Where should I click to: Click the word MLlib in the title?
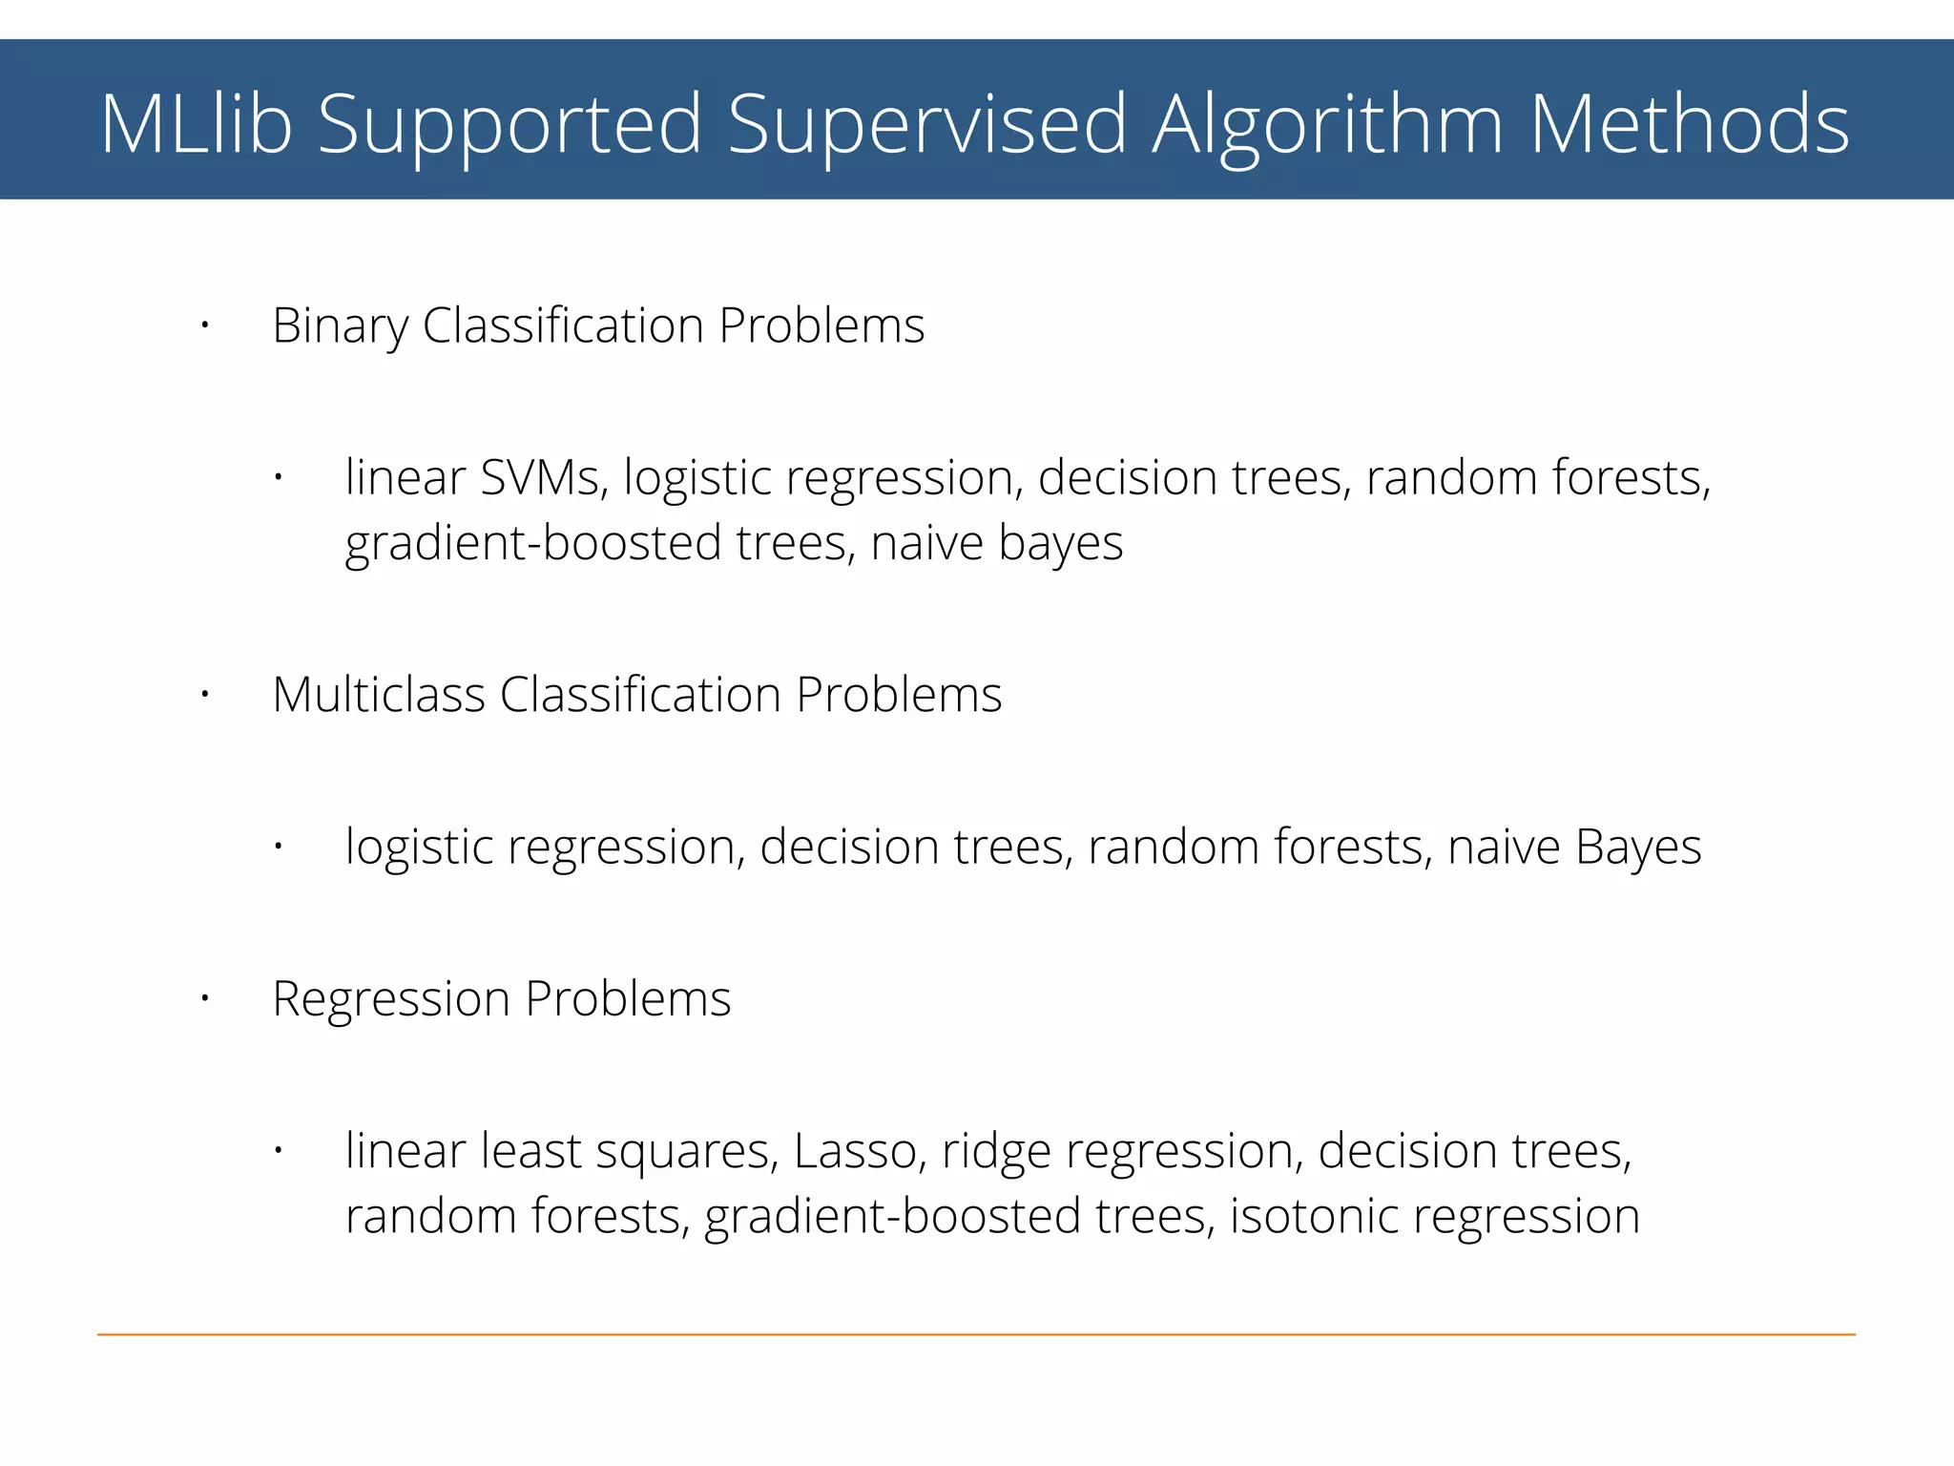pyautogui.click(x=196, y=124)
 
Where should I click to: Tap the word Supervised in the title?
pyautogui.click(x=926, y=124)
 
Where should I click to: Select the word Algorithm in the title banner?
pyautogui.click(x=1327, y=124)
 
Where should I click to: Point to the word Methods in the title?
pyautogui.click(x=1689, y=124)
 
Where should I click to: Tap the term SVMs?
pyautogui.click(x=542, y=477)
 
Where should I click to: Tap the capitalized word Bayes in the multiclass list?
pyautogui.click(x=1637, y=848)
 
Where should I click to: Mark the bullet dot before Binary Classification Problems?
pyautogui.click(x=204, y=327)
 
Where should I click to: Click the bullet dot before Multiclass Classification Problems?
pyautogui.click(x=204, y=695)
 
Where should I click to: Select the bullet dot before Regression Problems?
pyautogui.click(x=204, y=999)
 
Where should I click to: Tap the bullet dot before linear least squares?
pyautogui.click(x=278, y=1151)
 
